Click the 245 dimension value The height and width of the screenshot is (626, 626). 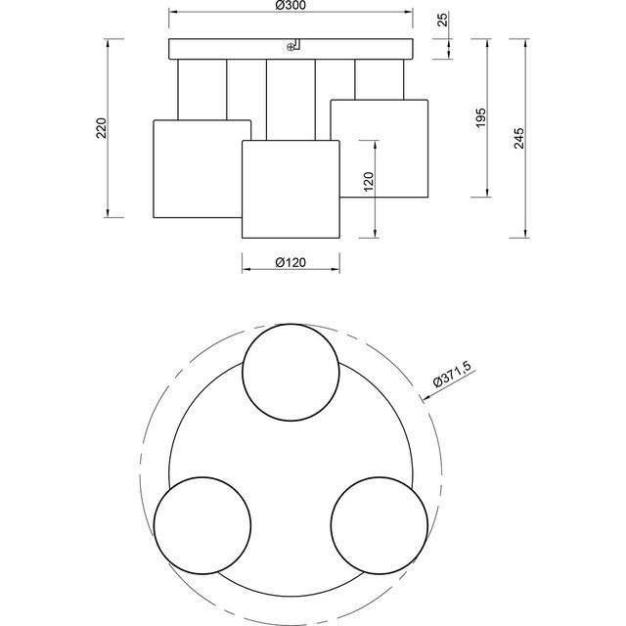(x=520, y=138)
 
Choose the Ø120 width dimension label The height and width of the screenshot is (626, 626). (x=291, y=262)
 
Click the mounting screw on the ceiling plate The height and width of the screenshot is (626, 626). (x=290, y=45)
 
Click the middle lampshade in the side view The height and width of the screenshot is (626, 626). (x=291, y=188)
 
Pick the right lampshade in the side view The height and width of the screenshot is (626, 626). (x=380, y=148)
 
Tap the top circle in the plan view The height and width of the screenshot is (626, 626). (x=291, y=371)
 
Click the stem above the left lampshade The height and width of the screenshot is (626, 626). (x=202, y=89)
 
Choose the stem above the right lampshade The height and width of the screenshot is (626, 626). (x=380, y=79)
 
